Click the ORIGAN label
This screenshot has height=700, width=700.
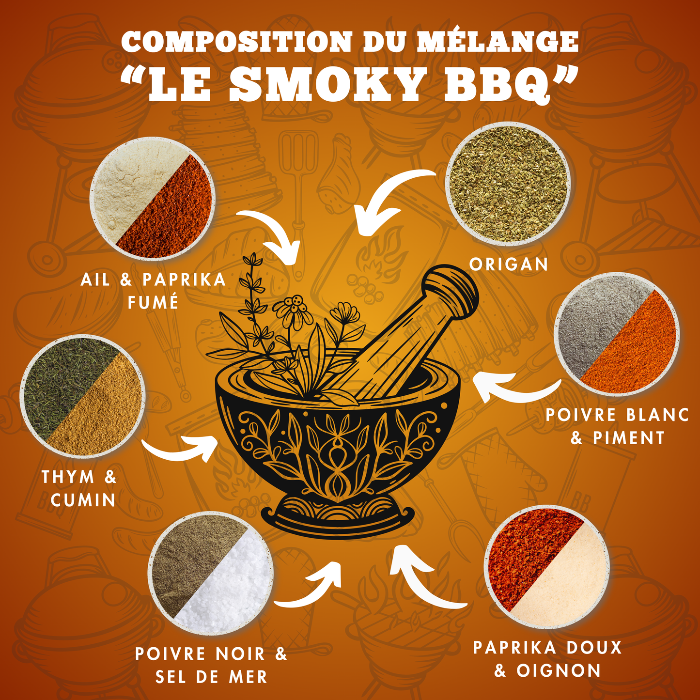point(509,264)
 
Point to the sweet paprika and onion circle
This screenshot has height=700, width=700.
point(547,567)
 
